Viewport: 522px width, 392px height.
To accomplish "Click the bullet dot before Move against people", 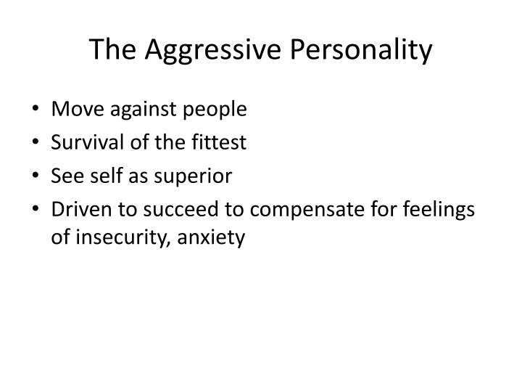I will point(36,110).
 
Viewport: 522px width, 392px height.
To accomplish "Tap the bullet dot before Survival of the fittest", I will point(36,143).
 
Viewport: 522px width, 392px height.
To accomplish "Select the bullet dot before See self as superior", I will point(36,176).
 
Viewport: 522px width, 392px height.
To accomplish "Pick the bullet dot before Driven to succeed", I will point(36,210).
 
